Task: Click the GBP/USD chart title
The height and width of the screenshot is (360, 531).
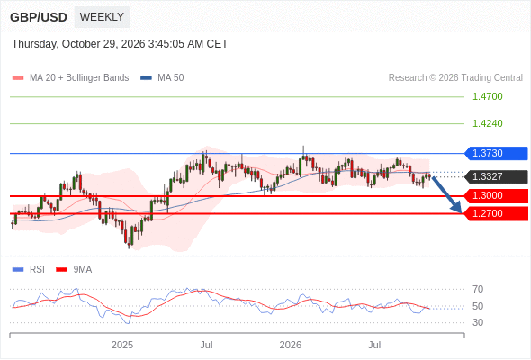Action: coord(39,17)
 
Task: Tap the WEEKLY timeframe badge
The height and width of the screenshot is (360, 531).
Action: coord(102,17)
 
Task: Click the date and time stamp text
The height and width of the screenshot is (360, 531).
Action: coord(120,44)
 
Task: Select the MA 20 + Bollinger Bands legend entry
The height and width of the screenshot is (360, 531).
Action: coord(70,78)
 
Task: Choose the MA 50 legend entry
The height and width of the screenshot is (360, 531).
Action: coord(162,78)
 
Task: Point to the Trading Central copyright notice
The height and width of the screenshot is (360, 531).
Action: coord(455,78)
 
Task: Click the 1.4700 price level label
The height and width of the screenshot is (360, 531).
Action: coord(487,96)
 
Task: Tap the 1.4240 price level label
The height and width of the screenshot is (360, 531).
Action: coord(487,123)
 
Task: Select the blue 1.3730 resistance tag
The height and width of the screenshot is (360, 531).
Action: coord(496,153)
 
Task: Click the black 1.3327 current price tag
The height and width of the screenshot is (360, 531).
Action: coord(496,176)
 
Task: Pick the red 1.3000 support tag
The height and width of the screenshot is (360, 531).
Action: coord(496,195)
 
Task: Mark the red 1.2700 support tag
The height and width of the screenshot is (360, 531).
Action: coord(496,213)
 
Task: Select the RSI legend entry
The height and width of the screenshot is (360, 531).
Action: coord(29,270)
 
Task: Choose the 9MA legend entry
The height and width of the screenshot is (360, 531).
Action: coord(74,270)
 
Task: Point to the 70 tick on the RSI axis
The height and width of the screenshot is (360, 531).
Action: coord(478,289)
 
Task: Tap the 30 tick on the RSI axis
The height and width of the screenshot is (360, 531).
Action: coord(478,322)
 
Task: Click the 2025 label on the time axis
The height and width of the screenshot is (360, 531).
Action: coord(122,345)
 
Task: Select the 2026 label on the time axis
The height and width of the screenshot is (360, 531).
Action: coord(290,345)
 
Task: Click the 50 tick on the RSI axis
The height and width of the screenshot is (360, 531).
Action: coord(478,306)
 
